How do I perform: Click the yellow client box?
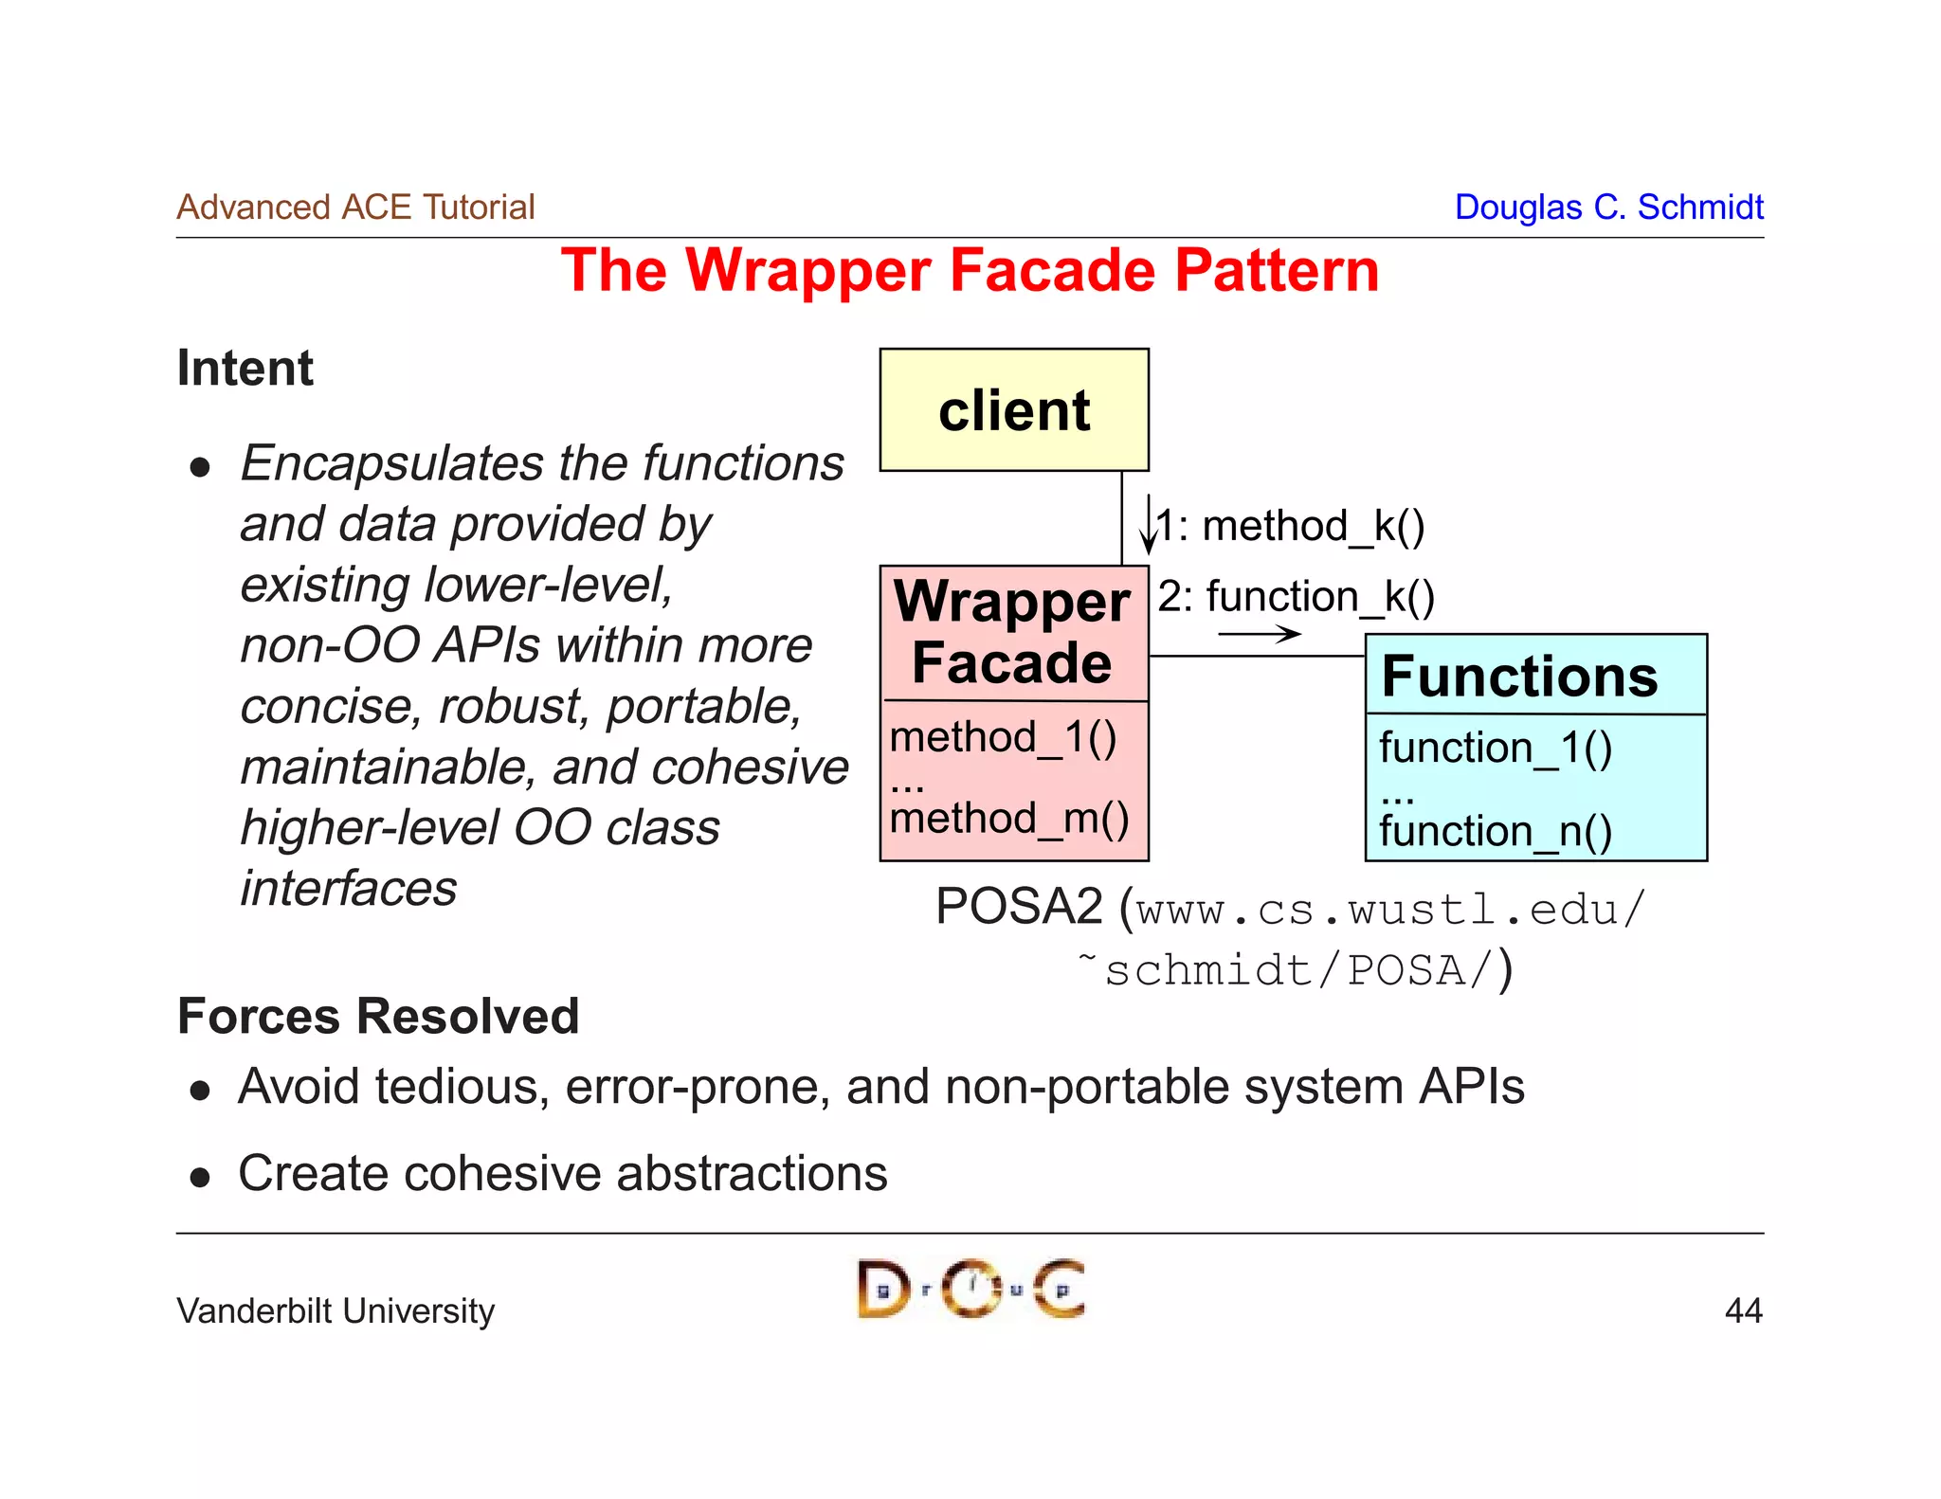(x=1014, y=410)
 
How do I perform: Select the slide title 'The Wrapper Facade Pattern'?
(x=970, y=271)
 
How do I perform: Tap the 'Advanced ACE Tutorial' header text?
(x=355, y=208)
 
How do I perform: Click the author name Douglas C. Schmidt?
(x=1608, y=208)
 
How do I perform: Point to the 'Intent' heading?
(x=245, y=369)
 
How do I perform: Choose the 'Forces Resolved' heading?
(x=378, y=1017)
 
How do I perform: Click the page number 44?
(x=1743, y=1310)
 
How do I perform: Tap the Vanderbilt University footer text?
(x=336, y=1311)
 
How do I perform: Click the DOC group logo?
(x=970, y=1289)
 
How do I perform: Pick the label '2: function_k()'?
(x=1297, y=597)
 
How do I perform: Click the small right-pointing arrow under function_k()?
(x=1260, y=634)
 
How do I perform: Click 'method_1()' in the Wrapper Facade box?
(x=1004, y=737)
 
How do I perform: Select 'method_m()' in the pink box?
(x=1009, y=819)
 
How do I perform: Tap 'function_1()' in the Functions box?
(x=1496, y=748)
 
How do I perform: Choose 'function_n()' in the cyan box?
(x=1496, y=832)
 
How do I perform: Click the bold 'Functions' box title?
(x=1519, y=677)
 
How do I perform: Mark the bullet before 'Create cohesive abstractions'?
(x=200, y=1177)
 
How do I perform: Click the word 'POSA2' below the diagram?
(x=1019, y=907)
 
